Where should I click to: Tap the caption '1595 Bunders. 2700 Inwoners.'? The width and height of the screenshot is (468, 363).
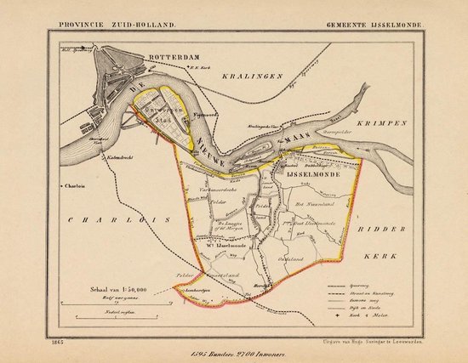pyautogui.click(x=235, y=353)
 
